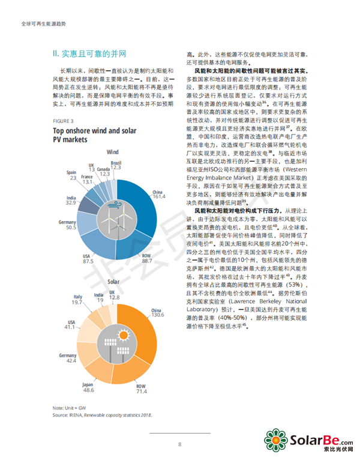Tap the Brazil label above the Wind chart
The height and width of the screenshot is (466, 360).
coord(116,163)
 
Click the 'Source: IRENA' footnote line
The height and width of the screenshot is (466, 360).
coord(102,415)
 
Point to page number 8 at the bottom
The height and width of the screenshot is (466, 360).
coord(179,445)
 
